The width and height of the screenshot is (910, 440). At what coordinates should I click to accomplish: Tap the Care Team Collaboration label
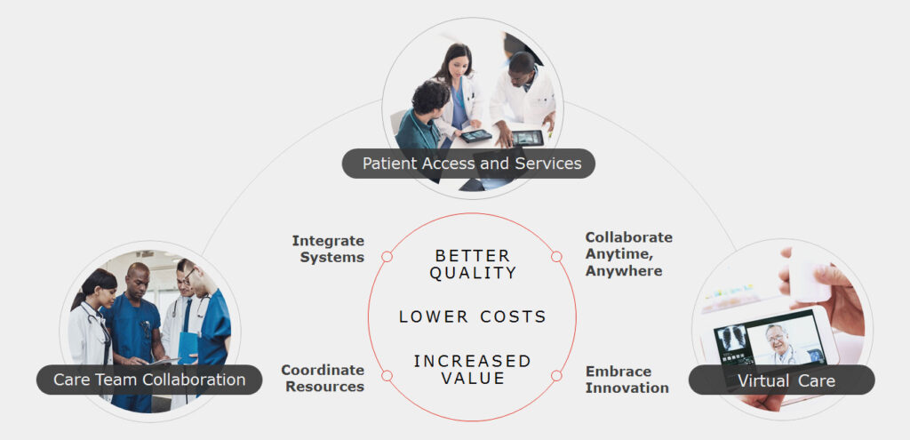[149, 380]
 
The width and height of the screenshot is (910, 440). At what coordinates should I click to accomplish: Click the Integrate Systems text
[328, 249]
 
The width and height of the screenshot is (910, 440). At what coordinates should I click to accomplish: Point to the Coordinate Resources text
[323, 379]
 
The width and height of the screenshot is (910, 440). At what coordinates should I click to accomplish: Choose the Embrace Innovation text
[627, 380]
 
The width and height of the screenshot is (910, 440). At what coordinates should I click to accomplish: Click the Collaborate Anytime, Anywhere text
[628, 254]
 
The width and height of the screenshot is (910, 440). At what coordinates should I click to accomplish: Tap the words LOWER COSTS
[473, 317]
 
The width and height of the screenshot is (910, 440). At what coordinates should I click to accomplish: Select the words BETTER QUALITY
[473, 265]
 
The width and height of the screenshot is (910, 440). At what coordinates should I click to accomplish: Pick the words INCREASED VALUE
[473, 370]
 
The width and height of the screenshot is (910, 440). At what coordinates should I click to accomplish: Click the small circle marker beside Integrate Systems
[387, 257]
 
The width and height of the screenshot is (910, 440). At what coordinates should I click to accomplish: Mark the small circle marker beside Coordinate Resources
[387, 376]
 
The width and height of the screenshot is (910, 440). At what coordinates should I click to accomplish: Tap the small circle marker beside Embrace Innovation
[556, 376]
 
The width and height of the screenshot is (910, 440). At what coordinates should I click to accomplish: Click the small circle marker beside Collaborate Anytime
[556, 257]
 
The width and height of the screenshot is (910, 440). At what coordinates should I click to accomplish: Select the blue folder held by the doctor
[188, 348]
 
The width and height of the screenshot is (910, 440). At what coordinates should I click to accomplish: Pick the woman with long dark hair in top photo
[459, 92]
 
